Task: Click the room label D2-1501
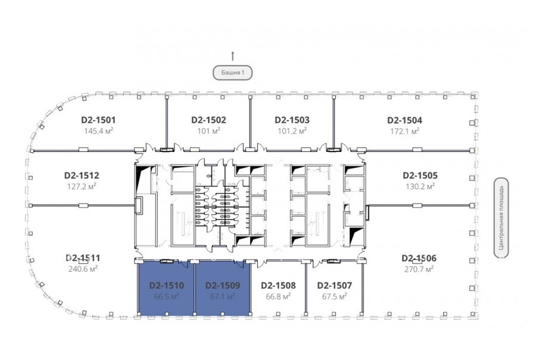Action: pyautogui.click(x=98, y=120)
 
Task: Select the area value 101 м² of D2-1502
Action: pyautogui.click(x=208, y=131)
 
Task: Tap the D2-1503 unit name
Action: pyautogui.click(x=292, y=120)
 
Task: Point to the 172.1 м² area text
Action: pyautogui.click(x=405, y=131)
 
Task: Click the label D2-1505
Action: pyautogui.click(x=420, y=176)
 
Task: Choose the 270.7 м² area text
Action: pyautogui.click(x=419, y=269)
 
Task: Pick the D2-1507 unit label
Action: pyautogui.click(x=334, y=285)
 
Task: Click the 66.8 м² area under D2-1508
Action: pyautogui.click(x=278, y=296)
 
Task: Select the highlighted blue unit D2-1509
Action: pyautogui.click(x=223, y=288)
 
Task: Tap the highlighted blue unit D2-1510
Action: pyautogui.click(x=166, y=288)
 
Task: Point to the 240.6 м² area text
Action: pyautogui.click(x=83, y=269)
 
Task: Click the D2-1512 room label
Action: pyautogui.click(x=82, y=176)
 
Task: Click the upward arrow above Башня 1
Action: pyautogui.click(x=233, y=56)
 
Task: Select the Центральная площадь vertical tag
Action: pyautogui.click(x=501, y=218)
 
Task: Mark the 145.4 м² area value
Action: pyautogui.click(x=98, y=131)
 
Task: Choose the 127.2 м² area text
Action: pyautogui.click(x=82, y=186)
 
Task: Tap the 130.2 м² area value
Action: pyautogui.click(x=420, y=187)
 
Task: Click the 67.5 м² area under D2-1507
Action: pyautogui.click(x=334, y=296)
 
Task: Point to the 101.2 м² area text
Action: pyautogui.click(x=292, y=131)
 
